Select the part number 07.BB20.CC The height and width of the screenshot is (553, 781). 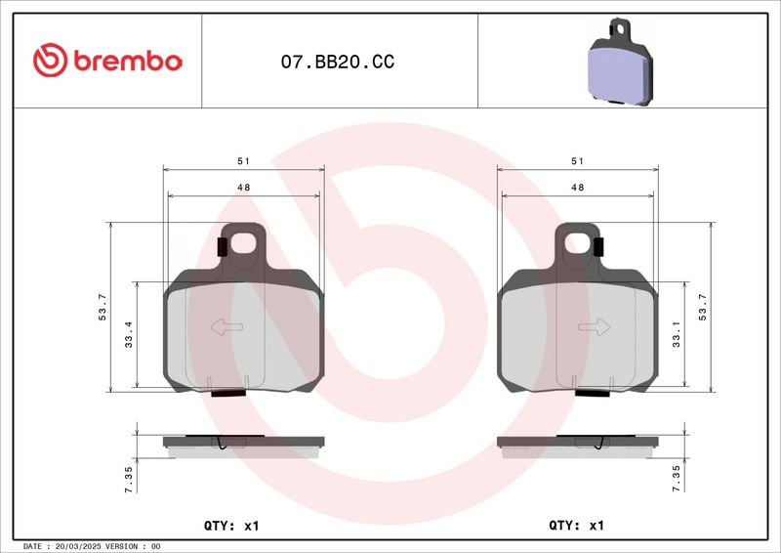(x=337, y=62)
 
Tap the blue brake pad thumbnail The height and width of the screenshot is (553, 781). (x=620, y=63)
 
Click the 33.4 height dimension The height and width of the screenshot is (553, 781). (x=129, y=334)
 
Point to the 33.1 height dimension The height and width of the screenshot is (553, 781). (x=676, y=334)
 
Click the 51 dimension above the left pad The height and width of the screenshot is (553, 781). (x=243, y=161)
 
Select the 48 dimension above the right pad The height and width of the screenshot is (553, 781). (x=577, y=188)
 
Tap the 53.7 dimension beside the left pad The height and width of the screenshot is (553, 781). (x=103, y=307)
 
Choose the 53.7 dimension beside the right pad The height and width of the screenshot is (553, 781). (x=702, y=307)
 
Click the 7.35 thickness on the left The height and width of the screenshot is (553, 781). (x=129, y=480)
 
